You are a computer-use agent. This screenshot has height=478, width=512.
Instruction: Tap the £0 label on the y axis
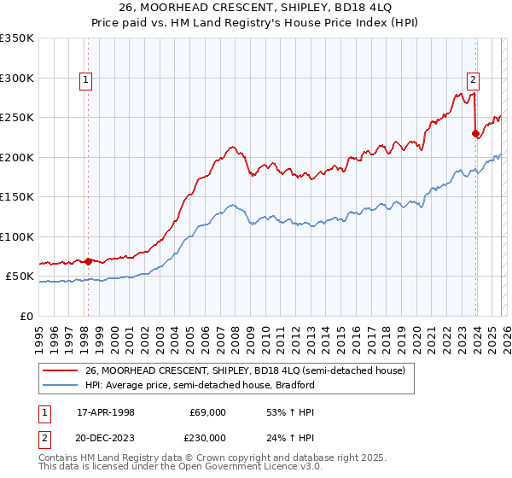(26, 317)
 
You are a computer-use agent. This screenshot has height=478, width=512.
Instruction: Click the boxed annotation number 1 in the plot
(87, 81)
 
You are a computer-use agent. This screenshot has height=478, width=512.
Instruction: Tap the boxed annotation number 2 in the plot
(473, 81)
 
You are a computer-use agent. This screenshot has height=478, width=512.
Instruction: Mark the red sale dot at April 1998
(88, 261)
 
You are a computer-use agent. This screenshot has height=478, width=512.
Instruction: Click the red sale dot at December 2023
(475, 133)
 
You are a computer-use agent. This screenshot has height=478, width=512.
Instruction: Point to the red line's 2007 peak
(231, 147)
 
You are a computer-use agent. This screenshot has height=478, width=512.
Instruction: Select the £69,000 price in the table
(207, 412)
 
